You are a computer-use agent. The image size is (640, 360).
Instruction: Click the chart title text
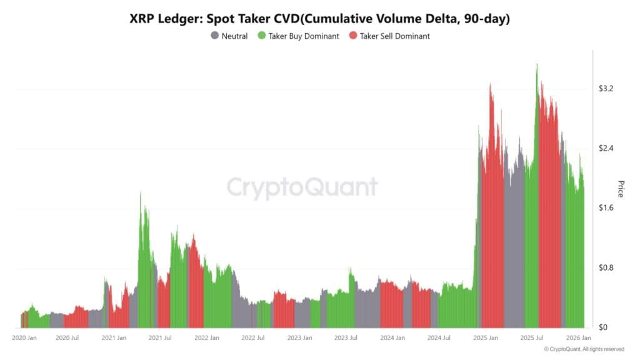[x=319, y=19]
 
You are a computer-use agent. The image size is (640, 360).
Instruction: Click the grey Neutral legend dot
[x=214, y=36]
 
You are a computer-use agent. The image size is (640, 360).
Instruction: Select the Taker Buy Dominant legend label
[x=304, y=36]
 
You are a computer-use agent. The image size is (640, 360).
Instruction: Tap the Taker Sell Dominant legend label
[x=394, y=36]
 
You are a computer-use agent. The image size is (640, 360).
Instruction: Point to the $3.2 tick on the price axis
[x=606, y=89]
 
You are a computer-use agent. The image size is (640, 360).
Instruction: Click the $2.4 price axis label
[x=606, y=149]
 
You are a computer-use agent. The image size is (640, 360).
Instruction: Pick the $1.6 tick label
[x=606, y=208]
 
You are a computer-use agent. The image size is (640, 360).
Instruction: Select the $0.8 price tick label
[x=606, y=268]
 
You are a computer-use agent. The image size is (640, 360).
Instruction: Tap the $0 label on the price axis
[x=603, y=327]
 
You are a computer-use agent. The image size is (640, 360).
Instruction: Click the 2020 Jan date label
[x=26, y=338]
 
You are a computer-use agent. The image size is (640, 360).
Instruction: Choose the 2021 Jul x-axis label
[x=159, y=338]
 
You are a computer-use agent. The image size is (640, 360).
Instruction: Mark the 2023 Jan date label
[x=299, y=338]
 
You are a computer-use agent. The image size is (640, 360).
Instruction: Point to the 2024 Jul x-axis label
[x=439, y=338]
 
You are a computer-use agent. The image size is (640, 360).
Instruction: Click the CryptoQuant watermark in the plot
[x=301, y=187]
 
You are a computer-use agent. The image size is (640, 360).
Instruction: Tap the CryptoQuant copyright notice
[x=584, y=349]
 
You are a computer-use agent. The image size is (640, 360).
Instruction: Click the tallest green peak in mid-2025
[x=536, y=64]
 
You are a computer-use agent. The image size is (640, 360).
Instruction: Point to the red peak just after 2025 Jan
[x=491, y=84]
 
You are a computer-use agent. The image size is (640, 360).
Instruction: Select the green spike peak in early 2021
[x=140, y=194]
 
